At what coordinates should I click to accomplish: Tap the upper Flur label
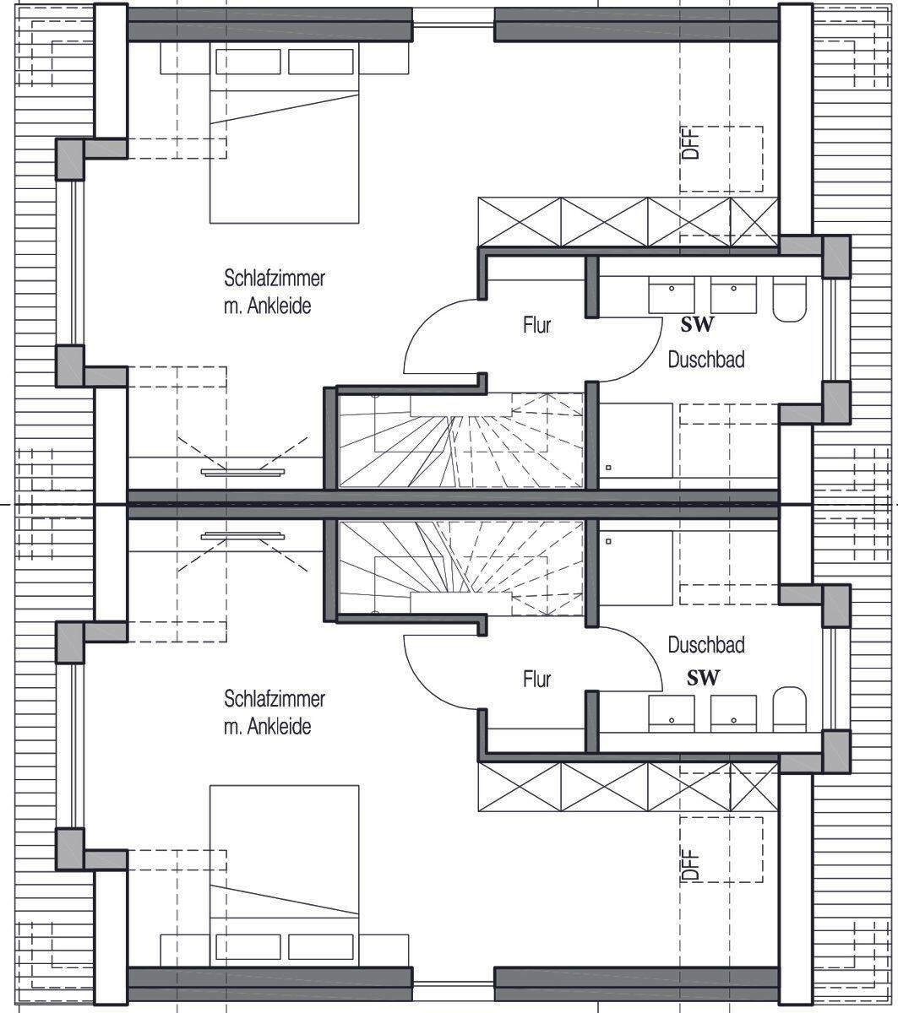(x=536, y=325)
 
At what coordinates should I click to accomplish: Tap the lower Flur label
(x=536, y=679)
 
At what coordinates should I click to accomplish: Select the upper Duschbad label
(x=706, y=360)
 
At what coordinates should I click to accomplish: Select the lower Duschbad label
(x=706, y=645)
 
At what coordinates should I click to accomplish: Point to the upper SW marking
(x=698, y=325)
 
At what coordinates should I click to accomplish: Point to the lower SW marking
(x=703, y=679)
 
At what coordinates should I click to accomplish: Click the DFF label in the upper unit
(x=690, y=143)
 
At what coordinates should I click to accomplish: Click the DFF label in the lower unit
(x=690, y=864)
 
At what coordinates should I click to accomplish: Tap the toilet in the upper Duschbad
(x=789, y=299)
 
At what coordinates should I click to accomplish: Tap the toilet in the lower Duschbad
(x=789, y=709)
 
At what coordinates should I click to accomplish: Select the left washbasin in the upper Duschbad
(x=672, y=295)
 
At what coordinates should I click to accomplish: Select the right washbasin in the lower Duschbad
(x=733, y=713)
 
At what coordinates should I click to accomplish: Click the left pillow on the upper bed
(x=248, y=62)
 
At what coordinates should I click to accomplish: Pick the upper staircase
(x=461, y=440)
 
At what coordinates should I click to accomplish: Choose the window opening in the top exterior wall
(x=454, y=24)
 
